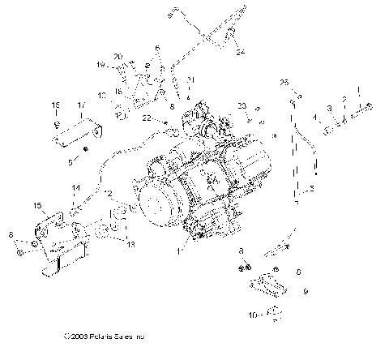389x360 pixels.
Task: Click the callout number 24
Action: click(x=241, y=54)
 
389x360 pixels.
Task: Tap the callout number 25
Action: click(x=284, y=83)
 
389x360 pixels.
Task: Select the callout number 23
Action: click(x=242, y=105)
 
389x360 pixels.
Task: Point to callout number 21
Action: click(x=190, y=79)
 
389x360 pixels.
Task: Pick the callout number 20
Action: click(x=118, y=56)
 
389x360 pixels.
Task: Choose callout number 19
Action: click(x=102, y=64)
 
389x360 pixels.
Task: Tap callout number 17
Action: click(x=80, y=105)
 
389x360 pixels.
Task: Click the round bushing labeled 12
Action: click(x=119, y=213)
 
